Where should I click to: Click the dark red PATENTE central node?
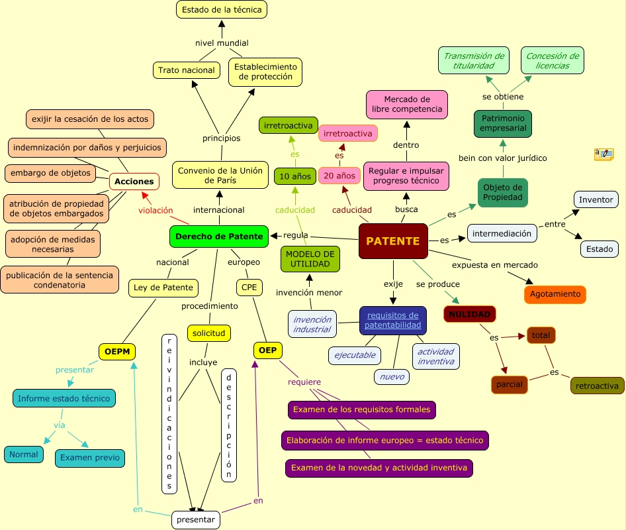(x=393, y=241)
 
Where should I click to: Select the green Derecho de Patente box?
(x=219, y=237)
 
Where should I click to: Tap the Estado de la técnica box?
(x=222, y=9)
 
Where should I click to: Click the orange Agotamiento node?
(x=555, y=294)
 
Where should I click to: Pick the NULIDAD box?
(x=470, y=314)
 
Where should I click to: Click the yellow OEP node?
(x=267, y=350)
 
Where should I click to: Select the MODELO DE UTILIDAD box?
(x=310, y=259)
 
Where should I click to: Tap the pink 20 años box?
(x=339, y=176)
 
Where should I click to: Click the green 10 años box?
(x=295, y=176)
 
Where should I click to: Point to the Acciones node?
(x=134, y=181)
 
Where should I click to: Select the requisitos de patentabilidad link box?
(x=393, y=320)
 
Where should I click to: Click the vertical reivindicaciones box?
(x=169, y=413)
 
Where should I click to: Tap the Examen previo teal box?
(x=90, y=458)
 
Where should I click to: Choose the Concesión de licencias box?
(x=553, y=61)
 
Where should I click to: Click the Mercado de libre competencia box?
(x=407, y=104)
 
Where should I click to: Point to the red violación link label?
(x=156, y=211)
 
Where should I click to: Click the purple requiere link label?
(x=304, y=382)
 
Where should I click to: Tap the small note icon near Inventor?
(x=604, y=154)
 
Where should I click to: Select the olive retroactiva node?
(x=597, y=386)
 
